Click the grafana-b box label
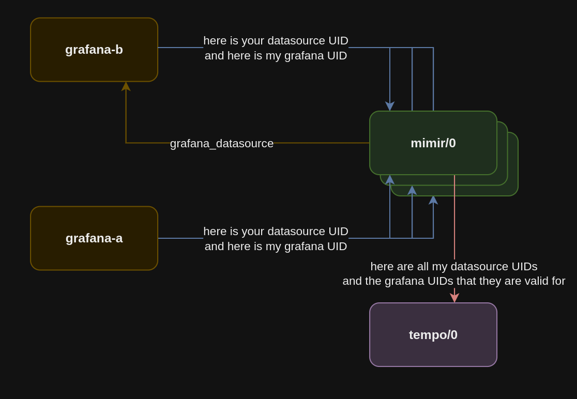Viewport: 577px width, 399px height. coord(94,50)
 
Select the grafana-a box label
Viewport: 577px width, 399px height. coord(94,238)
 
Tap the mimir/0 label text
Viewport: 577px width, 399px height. coord(433,143)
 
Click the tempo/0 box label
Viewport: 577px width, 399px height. coord(433,334)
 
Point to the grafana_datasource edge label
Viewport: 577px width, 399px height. coord(221,143)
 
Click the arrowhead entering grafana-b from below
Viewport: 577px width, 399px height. coord(126,86)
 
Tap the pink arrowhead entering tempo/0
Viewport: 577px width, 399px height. coord(454,298)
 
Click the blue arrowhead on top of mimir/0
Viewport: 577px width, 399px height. coord(390,106)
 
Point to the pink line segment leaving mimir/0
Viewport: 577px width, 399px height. coord(454,217)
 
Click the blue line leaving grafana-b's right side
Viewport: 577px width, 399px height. coord(180,48)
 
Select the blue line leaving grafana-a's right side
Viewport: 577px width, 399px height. coord(180,238)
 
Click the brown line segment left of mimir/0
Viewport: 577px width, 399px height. coord(322,143)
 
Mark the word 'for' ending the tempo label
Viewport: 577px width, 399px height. coord(557,281)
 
